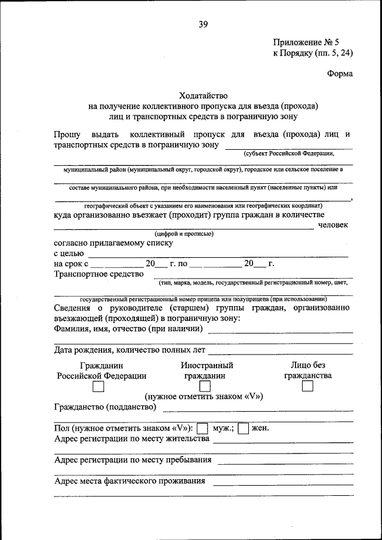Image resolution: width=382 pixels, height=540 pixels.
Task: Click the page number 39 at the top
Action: (203, 24)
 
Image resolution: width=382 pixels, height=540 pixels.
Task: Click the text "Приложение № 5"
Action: (306, 42)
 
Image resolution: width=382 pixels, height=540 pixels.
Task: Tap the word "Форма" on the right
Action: (340, 73)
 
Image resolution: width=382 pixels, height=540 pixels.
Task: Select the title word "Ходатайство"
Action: (203, 95)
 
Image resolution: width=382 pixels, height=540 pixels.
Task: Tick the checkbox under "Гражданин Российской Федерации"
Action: (98, 387)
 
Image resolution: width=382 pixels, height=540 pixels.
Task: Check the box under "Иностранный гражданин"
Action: (205, 387)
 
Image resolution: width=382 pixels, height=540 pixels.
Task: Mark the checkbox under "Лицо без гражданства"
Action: (307, 387)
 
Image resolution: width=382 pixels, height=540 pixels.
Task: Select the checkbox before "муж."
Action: (202, 428)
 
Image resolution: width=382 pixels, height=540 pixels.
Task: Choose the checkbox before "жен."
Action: (243, 428)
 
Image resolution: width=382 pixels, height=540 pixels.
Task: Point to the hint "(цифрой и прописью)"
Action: (180, 234)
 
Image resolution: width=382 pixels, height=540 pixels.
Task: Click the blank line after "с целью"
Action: (218, 254)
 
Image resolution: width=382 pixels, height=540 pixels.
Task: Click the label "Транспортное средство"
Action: (98, 274)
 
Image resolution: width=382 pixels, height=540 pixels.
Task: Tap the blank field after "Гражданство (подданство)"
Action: (257, 409)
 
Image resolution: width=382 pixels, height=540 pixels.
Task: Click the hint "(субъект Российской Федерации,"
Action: (288, 153)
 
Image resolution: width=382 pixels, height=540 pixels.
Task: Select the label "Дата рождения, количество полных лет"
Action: (130, 350)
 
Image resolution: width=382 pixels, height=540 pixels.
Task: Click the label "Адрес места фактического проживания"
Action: (130, 480)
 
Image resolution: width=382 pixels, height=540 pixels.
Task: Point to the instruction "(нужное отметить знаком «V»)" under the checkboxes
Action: (204, 396)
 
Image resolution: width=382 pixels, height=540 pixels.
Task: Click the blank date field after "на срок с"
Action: (117, 264)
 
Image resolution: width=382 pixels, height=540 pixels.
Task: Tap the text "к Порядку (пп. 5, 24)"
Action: (313, 53)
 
